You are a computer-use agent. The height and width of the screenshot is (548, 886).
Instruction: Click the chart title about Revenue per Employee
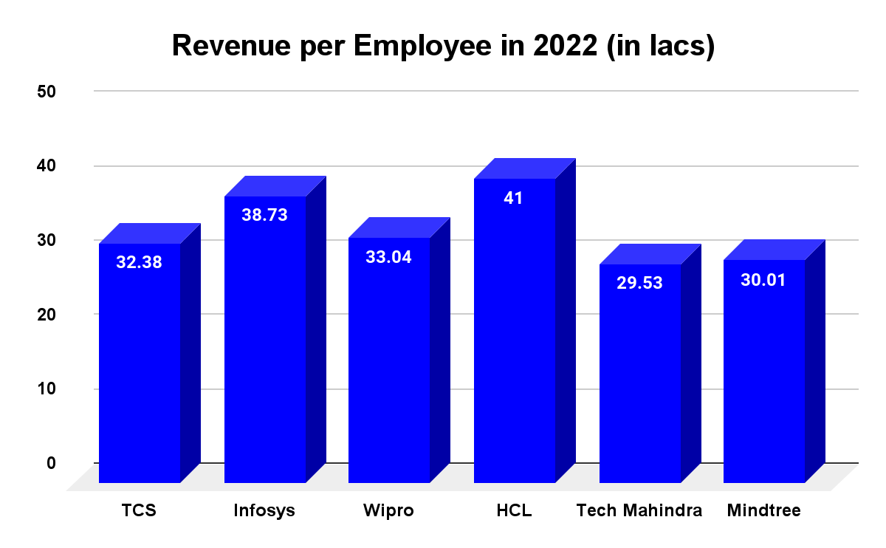(x=443, y=46)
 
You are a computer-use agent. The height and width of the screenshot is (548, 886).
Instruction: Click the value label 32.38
(x=140, y=262)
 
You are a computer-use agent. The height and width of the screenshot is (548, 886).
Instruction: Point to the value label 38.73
(x=264, y=215)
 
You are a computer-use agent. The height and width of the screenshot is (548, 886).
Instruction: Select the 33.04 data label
(x=389, y=257)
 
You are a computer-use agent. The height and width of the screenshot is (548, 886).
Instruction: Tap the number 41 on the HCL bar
(x=514, y=198)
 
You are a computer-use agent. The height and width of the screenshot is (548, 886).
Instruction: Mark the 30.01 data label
(x=764, y=280)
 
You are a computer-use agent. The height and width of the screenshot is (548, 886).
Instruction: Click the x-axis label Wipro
(x=388, y=511)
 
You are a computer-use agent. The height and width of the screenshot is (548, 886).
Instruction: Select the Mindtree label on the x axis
(x=763, y=511)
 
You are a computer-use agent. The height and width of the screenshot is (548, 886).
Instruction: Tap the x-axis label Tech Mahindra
(x=639, y=511)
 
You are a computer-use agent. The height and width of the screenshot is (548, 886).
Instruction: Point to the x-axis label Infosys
(x=264, y=511)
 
